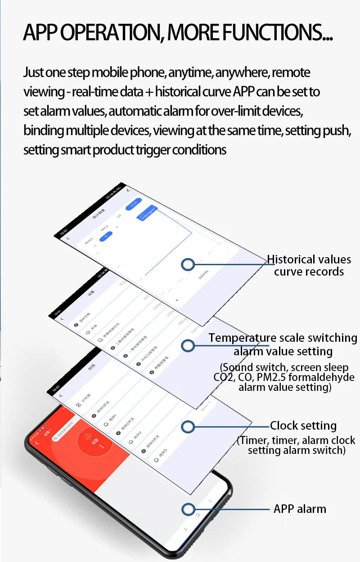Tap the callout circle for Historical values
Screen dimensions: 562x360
(188, 264)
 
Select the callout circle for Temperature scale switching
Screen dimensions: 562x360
(188, 345)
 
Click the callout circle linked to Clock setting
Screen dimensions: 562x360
(188, 426)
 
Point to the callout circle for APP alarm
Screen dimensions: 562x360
(188, 509)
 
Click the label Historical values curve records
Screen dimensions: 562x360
(309, 265)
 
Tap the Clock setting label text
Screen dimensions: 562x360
(303, 426)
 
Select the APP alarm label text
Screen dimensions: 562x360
(300, 509)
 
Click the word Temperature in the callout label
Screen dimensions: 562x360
(243, 338)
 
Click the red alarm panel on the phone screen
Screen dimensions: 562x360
(76, 455)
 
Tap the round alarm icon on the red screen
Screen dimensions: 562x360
(89, 436)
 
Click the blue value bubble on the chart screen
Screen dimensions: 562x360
(148, 214)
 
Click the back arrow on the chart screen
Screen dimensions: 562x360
(68, 238)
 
